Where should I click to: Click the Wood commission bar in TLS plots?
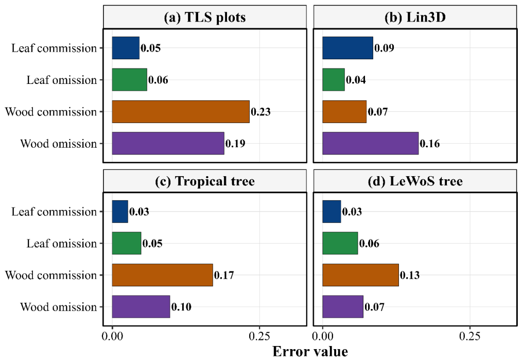181,112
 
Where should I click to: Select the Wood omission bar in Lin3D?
371,143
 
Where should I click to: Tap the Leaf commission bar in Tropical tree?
120,212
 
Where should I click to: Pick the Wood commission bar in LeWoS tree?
360,275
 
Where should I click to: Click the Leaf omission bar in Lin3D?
334,80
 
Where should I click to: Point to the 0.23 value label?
260,112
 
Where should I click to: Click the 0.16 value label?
430,144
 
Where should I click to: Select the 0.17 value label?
224,275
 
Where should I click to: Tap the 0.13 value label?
410,275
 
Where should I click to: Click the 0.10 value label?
181,307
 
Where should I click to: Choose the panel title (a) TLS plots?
205,18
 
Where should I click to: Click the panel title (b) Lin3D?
415,18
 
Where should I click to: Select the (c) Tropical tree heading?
205,181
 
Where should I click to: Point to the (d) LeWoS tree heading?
415,181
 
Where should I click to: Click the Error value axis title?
310,352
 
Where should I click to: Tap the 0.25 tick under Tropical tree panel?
259,336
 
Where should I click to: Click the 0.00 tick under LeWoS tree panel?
323,336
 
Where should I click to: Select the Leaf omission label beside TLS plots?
62,80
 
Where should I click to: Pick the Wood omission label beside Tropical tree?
59,307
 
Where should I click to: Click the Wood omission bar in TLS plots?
168,143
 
